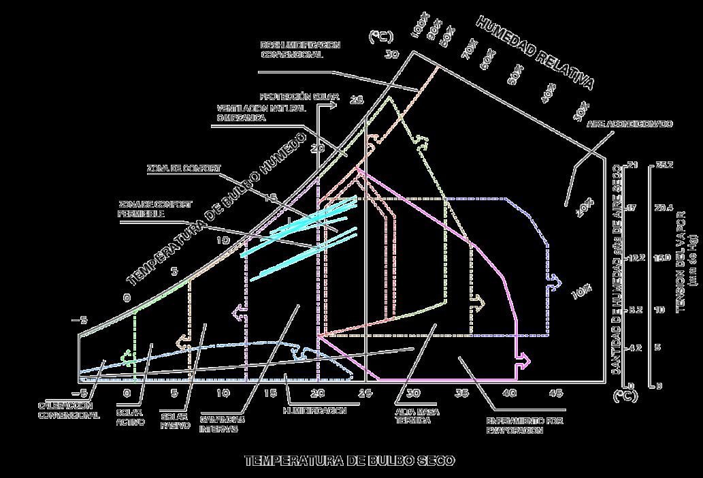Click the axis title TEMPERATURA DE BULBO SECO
(350, 461)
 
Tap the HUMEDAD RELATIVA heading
(534, 53)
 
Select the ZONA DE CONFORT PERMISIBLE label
(154, 208)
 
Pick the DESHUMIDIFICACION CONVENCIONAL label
(300, 49)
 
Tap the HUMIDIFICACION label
(314, 411)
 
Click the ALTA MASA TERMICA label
(413, 415)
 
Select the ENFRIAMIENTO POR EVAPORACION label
(514, 426)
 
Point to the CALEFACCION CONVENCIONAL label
(68, 409)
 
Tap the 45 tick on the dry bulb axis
(555, 393)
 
